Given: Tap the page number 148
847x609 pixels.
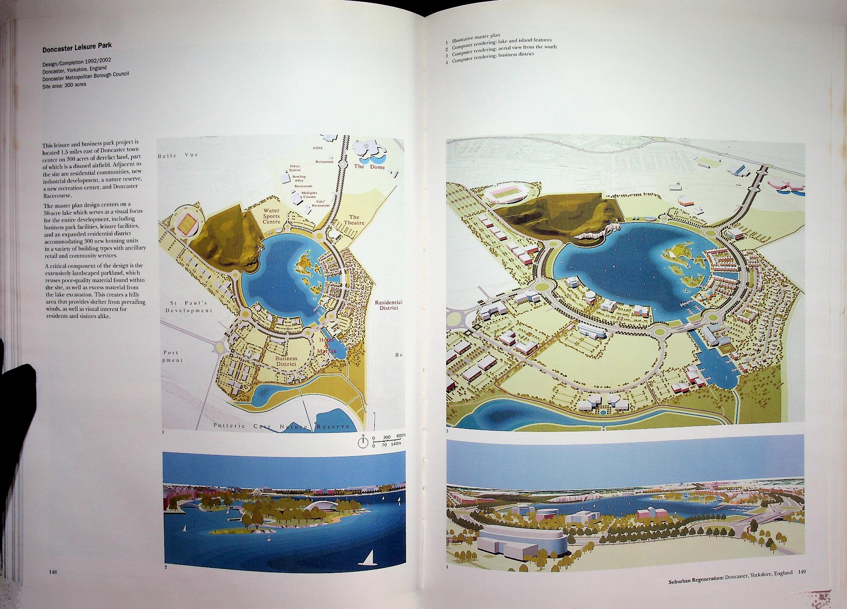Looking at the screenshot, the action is pos(53,572).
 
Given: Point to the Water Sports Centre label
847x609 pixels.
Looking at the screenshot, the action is pos(272,216).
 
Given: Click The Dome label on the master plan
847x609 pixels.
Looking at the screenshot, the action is pos(369,167).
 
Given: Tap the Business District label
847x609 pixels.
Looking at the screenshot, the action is pos(286,361).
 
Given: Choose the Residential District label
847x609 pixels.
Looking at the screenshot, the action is pos(388,305).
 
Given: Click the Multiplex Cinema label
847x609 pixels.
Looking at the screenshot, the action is pos(309,195).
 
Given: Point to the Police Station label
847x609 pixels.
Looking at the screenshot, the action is pos(295,168).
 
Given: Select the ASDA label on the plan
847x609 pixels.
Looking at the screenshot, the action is pos(317,148).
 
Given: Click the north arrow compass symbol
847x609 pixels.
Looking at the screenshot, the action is pos(363,443).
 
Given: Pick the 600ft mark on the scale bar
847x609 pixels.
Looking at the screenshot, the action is pos(400,437).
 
